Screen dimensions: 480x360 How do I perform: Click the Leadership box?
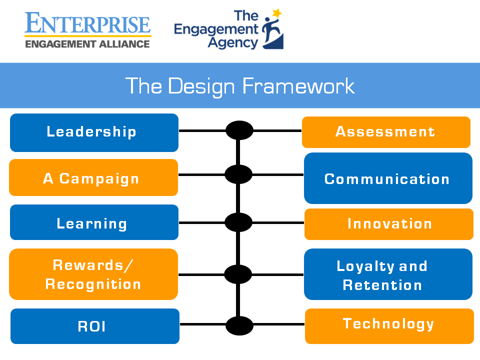tap(94, 132)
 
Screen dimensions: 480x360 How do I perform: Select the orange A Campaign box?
tap(93, 177)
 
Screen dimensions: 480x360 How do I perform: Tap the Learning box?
tap(94, 222)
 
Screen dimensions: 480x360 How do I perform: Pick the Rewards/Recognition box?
tap(93, 274)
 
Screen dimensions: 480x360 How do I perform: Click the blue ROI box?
tap(95, 326)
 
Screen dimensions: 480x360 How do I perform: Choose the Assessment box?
tap(386, 132)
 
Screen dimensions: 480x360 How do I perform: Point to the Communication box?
tap(388, 178)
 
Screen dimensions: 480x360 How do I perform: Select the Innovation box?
tap(389, 224)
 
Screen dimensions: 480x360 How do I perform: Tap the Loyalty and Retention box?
tap(388, 274)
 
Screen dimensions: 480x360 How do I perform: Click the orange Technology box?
tap(389, 326)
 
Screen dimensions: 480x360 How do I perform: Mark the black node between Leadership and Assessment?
tap(239, 130)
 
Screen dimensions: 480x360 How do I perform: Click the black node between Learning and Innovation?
tap(238, 222)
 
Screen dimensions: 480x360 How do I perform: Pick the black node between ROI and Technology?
tap(239, 325)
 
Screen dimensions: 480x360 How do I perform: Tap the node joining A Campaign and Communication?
tap(238, 174)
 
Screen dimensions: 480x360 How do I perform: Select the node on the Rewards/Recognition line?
tap(238, 274)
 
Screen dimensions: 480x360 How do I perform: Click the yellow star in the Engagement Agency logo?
tap(277, 13)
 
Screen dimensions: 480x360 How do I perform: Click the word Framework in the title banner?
tap(298, 86)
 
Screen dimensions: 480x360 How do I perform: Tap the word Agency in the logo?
tap(233, 43)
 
